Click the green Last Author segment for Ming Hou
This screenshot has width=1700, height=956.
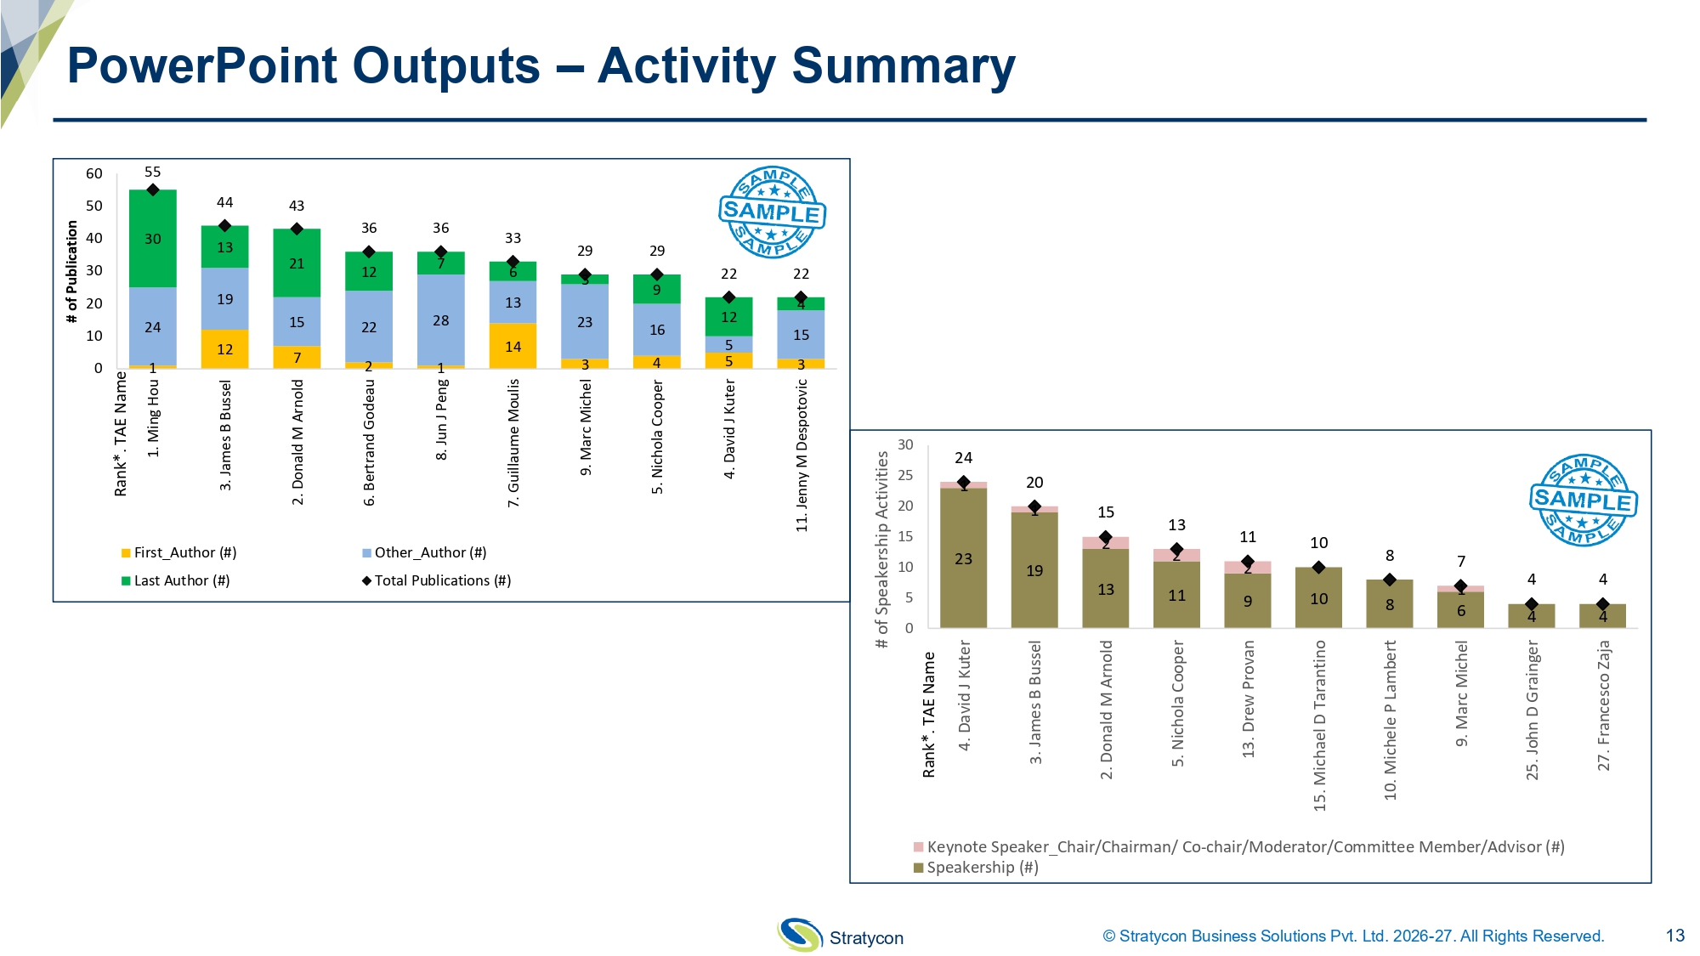[153, 239]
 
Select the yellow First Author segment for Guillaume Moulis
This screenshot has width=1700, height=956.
[513, 346]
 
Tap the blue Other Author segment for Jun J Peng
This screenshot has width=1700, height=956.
[440, 320]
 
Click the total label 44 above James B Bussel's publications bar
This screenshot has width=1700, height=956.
[224, 202]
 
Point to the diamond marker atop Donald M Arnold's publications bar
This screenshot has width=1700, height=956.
[297, 229]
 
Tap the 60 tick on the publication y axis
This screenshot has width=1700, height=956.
[94, 173]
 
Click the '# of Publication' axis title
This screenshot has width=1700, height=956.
[72, 272]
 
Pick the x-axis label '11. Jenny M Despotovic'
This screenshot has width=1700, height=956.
[802, 455]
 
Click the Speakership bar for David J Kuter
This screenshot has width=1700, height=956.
[963, 558]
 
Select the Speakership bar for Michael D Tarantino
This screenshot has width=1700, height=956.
[1318, 598]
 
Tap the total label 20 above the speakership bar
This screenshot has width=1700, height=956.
[1034, 483]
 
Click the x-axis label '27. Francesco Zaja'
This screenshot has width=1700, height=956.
[1603, 705]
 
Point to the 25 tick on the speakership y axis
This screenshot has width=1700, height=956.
[905, 475]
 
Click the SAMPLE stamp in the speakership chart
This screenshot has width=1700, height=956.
[1583, 500]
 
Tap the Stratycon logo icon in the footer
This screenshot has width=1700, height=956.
[799, 935]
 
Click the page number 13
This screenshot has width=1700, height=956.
[1674, 936]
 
